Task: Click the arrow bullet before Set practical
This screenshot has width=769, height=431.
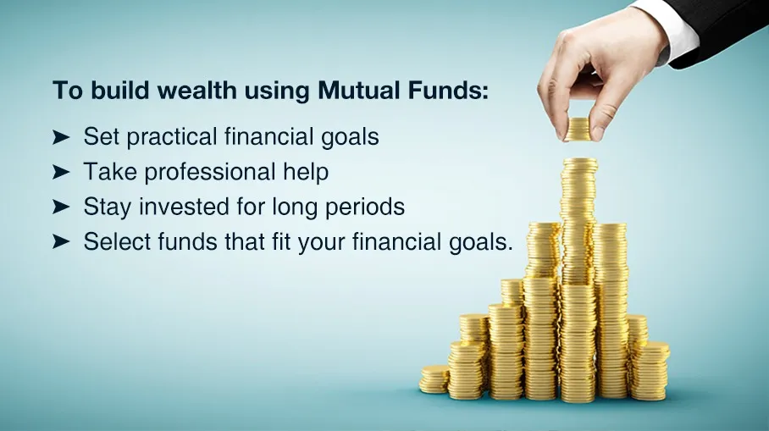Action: [x=61, y=138]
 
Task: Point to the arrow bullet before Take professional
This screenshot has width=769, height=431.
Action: [x=61, y=173]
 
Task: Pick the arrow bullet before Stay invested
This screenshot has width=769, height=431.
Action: [x=61, y=207]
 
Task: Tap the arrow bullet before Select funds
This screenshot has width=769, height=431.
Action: [x=61, y=242]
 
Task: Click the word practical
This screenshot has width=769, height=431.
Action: [x=172, y=138]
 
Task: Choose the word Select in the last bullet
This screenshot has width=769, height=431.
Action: [x=116, y=241]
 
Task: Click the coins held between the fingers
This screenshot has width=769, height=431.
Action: [x=578, y=130]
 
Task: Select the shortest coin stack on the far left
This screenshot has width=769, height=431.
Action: [x=434, y=379]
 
